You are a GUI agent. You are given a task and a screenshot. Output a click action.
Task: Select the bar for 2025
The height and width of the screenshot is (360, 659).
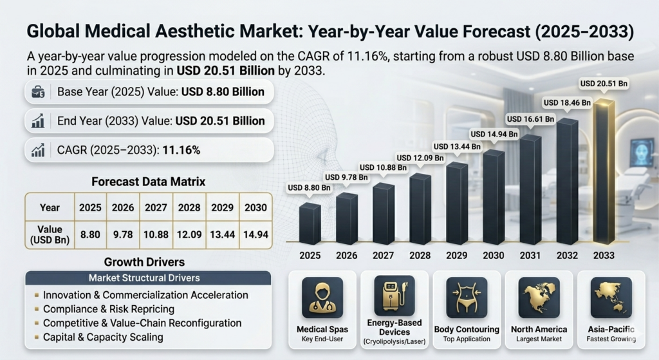tap(310, 223)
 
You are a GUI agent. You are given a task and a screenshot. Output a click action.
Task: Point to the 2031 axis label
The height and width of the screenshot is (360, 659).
tap(530, 256)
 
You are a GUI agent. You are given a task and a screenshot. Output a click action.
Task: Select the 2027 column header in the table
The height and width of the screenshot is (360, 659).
tap(156, 207)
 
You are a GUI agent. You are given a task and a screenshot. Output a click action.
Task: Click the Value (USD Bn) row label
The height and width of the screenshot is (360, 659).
tap(50, 234)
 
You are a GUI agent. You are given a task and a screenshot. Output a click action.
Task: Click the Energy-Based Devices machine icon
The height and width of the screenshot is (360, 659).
tap(394, 295)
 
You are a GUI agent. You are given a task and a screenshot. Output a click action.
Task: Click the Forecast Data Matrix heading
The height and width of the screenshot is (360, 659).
tap(148, 182)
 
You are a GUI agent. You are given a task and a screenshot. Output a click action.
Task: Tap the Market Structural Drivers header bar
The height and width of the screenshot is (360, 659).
tap(147, 278)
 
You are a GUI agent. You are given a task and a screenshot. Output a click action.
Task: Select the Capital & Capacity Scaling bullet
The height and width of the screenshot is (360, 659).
tap(103, 337)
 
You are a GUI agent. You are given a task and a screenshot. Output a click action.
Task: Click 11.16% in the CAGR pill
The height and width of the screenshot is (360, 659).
tap(181, 150)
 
